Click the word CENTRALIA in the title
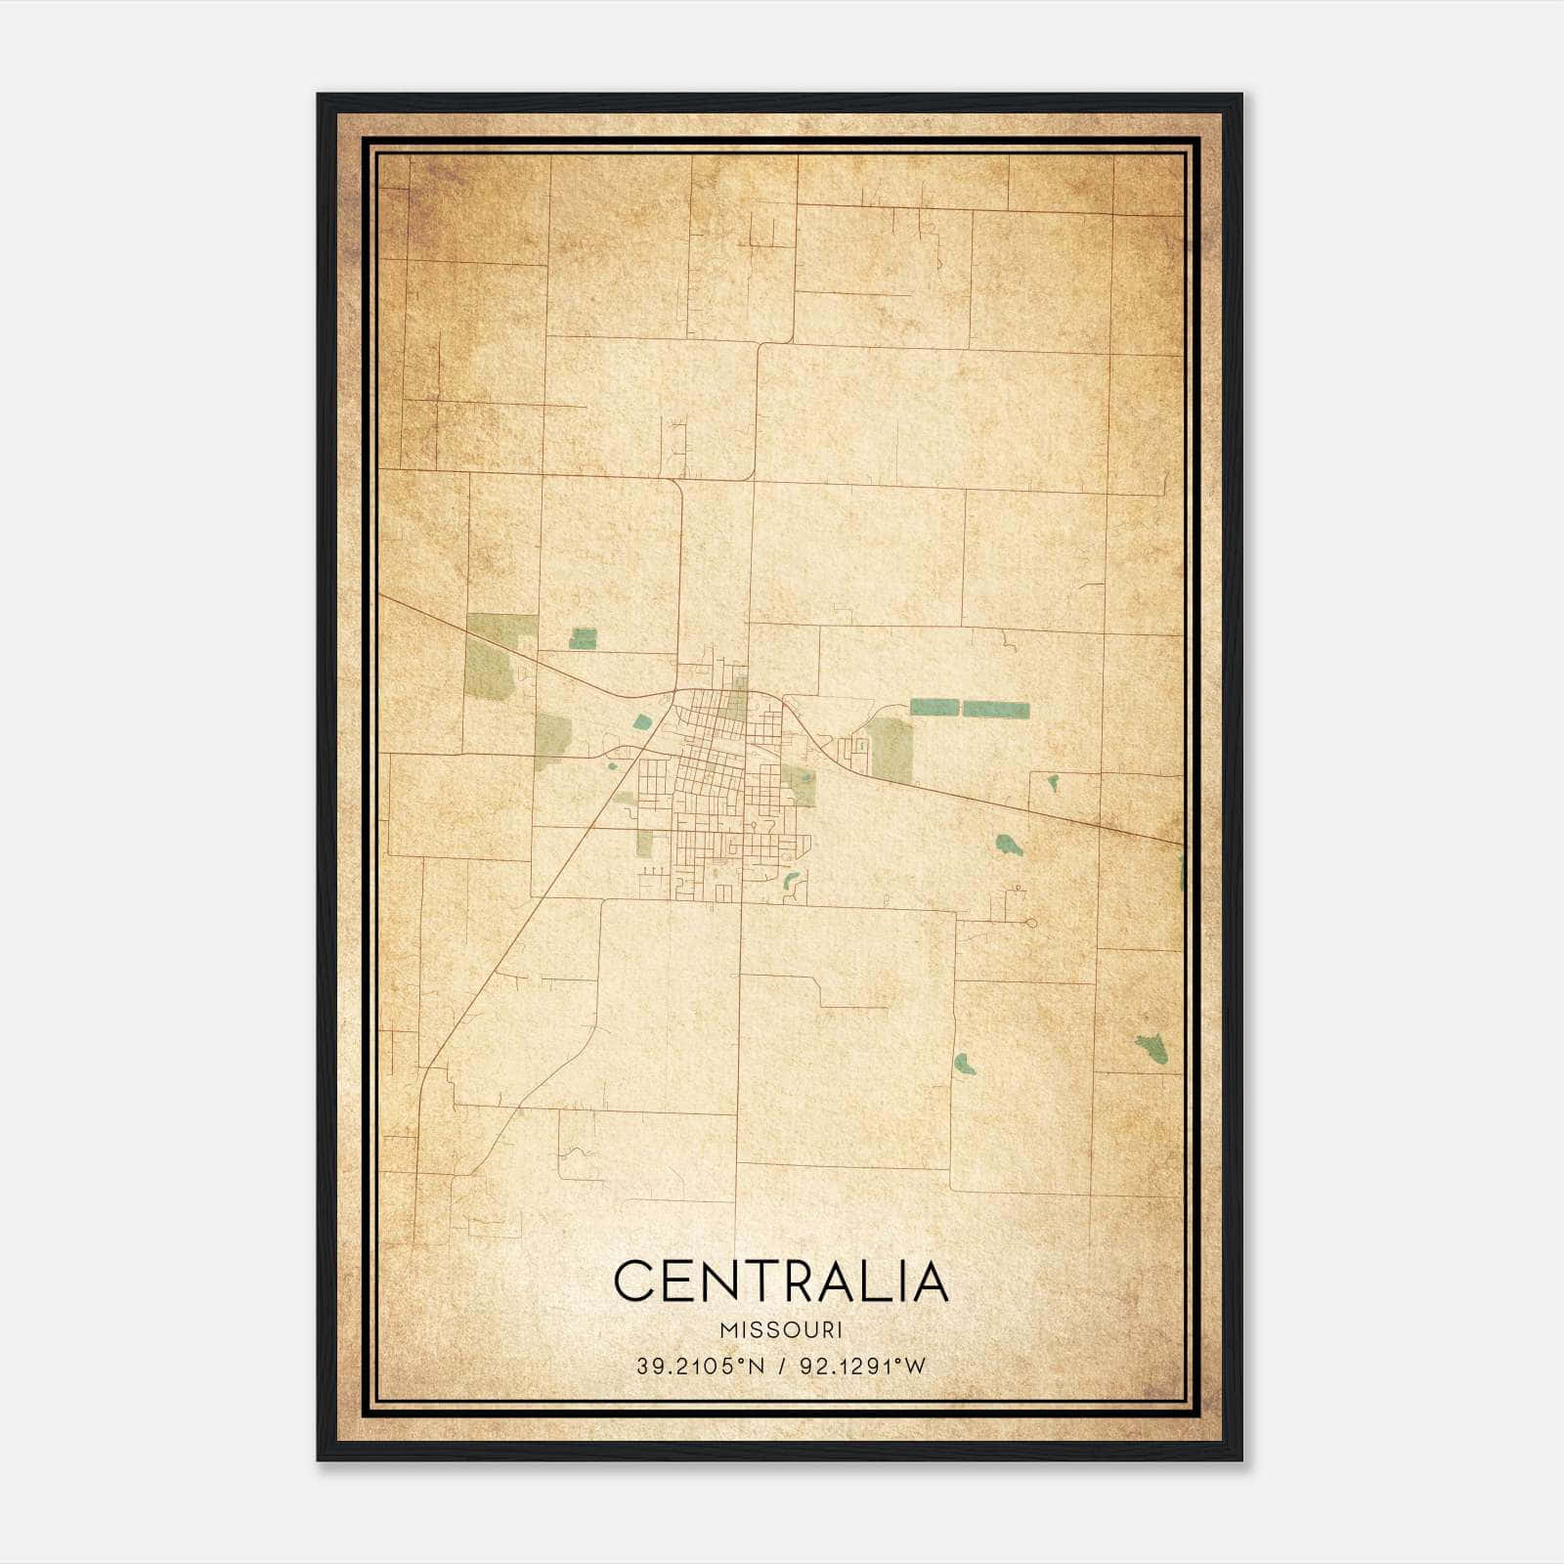click(781, 1282)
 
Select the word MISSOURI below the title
click(781, 1330)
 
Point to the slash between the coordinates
click(781, 1367)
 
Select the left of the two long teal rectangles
click(934, 707)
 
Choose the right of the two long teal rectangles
click(996, 709)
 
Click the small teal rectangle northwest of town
click(583, 638)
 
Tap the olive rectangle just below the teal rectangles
click(891, 750)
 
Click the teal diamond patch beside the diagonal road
click(641, 722)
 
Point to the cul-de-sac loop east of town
click(1030, 922)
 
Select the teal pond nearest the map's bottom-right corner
click(1152, 1049)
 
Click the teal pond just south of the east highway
click(1009, 845)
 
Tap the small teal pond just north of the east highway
click(1054, 782)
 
